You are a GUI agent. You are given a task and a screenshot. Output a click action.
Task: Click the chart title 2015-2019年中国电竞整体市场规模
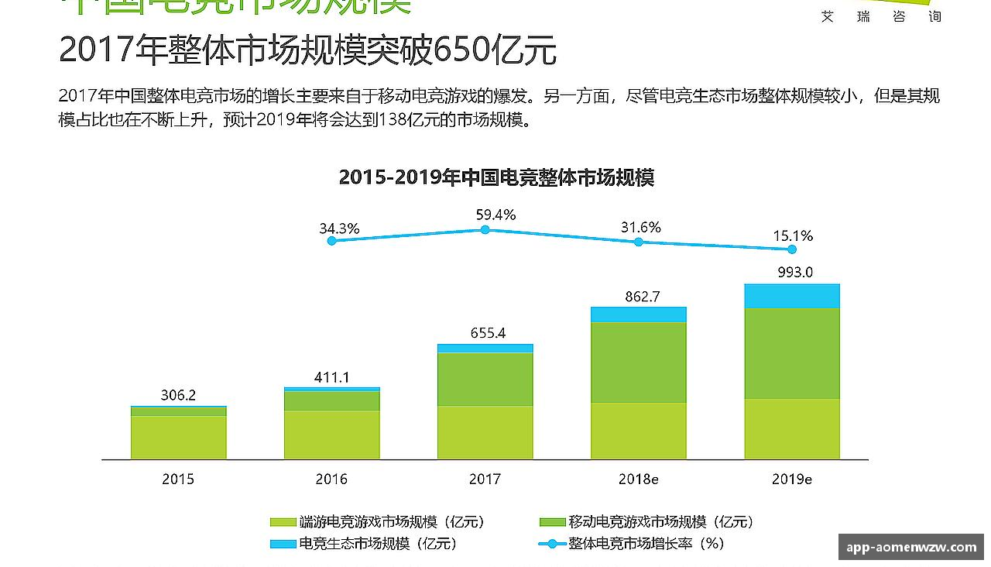click(496, 177)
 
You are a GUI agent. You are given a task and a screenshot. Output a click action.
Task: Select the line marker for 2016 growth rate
click(332, 241)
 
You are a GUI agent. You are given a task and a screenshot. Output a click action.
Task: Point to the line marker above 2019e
click(791, 249)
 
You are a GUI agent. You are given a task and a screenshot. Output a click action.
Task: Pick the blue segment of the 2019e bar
click(792, 296)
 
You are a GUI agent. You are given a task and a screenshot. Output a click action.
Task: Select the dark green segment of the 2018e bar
click(638, 362)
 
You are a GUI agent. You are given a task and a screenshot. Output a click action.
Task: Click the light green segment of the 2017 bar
click(485, 431)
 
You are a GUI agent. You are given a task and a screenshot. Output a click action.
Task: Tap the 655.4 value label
click(488, 334)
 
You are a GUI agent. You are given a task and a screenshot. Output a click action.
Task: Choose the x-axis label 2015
click(178, 479)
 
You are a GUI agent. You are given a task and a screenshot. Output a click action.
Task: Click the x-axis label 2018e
click(638, 479)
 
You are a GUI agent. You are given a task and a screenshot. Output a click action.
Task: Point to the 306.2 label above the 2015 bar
click(178, 395)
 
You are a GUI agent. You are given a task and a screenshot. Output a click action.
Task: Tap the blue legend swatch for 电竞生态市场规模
click(283, 544)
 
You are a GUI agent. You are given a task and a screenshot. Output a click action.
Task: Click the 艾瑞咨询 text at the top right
click(881, 16)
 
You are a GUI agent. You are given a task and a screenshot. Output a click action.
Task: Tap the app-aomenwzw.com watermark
click(911, 547)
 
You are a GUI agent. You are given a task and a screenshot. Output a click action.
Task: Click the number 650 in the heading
click(461, 50)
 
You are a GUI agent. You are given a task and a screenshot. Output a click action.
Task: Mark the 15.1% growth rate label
click(793, 236)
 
